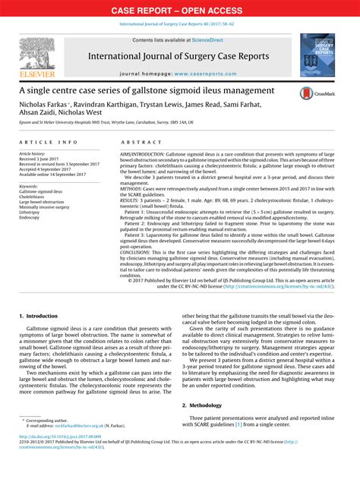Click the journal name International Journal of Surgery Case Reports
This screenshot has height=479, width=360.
[178, 58]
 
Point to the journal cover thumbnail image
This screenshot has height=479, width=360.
[321, 55]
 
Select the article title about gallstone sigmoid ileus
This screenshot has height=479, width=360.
[137, 91]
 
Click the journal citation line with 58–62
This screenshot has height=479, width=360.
[179, 24]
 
